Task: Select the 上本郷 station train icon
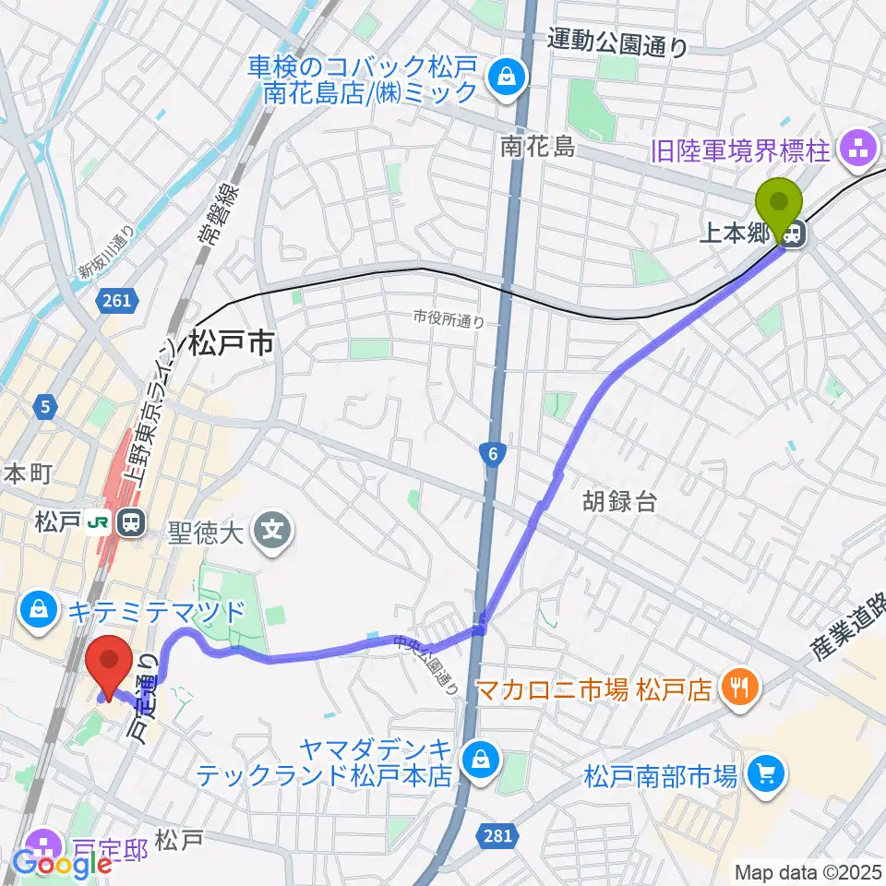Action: click(793, 236)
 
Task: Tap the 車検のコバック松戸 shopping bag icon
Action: click(506, 78)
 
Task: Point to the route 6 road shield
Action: click(494, 452)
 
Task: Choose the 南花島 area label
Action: click(537, 145)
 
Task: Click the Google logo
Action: click(62, 864)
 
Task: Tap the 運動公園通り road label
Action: click(617, 42)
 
